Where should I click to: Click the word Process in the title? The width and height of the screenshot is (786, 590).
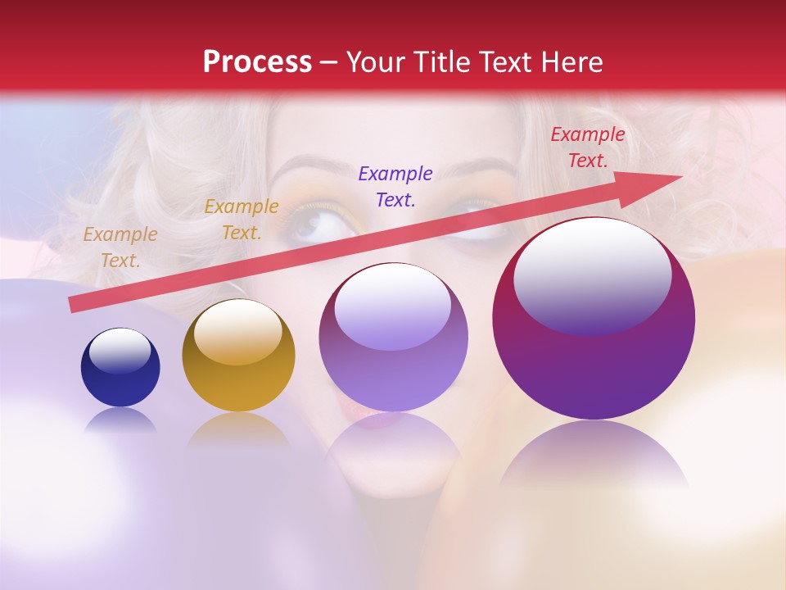[257, 62]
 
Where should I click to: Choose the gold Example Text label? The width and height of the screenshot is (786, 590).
[242, 220]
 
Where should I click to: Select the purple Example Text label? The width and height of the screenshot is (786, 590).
[395, 186]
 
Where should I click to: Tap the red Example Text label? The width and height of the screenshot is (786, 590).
[588, 147]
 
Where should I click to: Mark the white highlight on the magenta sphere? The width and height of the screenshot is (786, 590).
[593, 275]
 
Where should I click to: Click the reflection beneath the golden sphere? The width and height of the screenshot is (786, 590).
[238, 430]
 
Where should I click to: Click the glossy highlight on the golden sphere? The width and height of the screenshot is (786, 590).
[237, 332]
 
